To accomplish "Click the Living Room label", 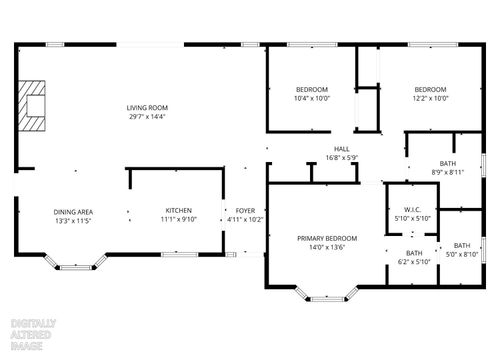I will (x=147, y=108).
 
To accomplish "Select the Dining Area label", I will (x=73, y=211).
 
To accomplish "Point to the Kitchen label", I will (x=178, y=211).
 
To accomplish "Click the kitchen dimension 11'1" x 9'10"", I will (x=178, y=220).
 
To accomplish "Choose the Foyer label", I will (x=245, y=211).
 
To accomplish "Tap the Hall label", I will (x=342, y=148).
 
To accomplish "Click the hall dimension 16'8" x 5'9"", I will (x=342, y=157).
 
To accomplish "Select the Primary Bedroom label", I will (x=326, y=238).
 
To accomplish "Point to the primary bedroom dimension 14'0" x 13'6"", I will (x=326, y=247).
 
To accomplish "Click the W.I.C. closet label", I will (x=412, y=209).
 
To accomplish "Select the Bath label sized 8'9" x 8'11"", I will (x=449, y=163).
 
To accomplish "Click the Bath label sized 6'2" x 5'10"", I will (x=414, y=253).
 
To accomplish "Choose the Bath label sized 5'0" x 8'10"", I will (x=461, y=246).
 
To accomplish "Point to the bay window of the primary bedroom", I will (x=325, y=294).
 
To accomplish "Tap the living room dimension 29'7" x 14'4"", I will (x=147, y=117).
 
